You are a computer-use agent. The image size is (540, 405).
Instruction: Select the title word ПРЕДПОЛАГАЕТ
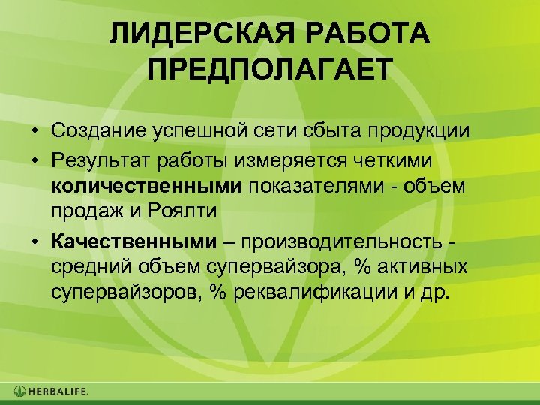[270, 72]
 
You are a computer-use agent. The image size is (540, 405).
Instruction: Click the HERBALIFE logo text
[58, 391]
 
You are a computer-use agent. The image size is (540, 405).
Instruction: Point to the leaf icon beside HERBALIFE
[19, 391]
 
